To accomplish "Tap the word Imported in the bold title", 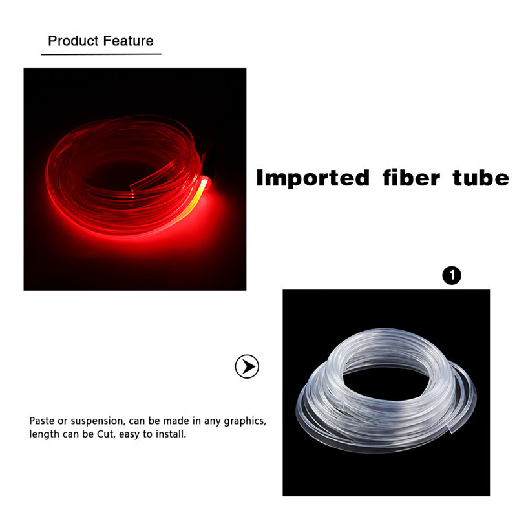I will tap(313, 178).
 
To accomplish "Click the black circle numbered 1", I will tap(452, 276).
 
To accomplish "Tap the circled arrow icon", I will tap(246, 367).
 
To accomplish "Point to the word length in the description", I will tap(43, 435).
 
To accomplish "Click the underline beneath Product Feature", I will tap(101, 54).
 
